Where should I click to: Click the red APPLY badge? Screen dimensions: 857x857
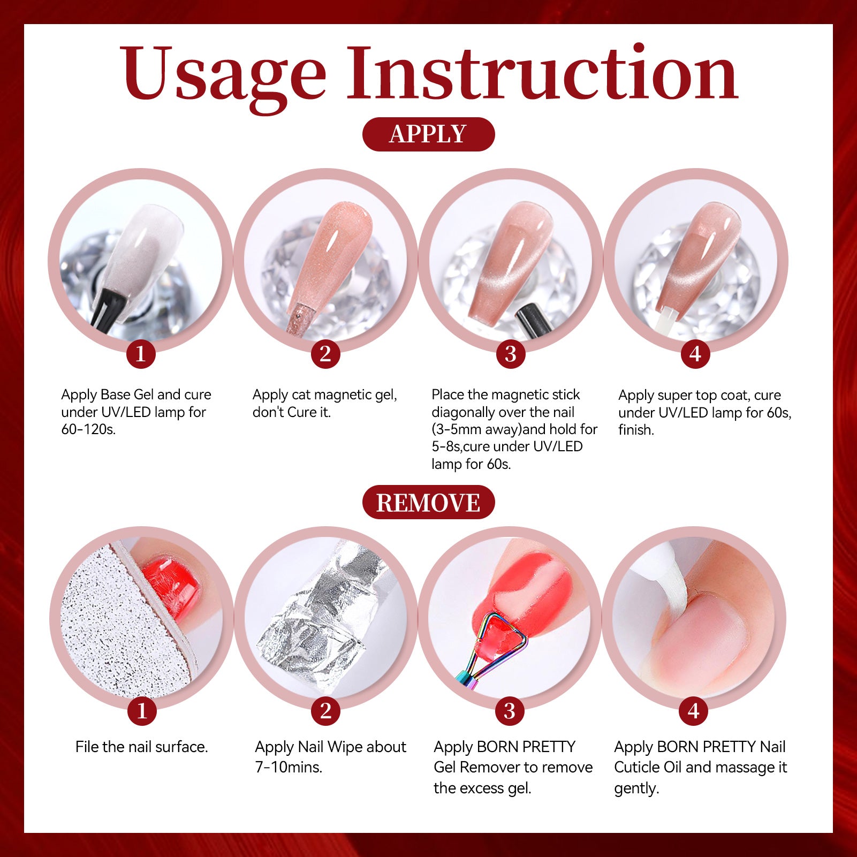point(428,134)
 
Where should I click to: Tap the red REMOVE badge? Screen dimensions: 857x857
point(428,502)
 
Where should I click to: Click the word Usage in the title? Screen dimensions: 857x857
point(223,75)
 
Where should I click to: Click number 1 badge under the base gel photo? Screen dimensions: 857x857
point(141,354)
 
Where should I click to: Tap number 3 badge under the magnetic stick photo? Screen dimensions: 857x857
point(511,354)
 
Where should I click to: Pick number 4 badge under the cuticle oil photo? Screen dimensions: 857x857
point(694,711)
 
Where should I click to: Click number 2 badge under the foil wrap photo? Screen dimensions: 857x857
point(325,711)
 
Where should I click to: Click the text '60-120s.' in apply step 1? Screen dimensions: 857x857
point(88,429)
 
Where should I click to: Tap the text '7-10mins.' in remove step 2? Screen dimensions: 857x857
point(289,767)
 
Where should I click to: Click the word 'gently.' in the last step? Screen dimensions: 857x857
point(636,788)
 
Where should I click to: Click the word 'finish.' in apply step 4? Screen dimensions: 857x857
point(636,429)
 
